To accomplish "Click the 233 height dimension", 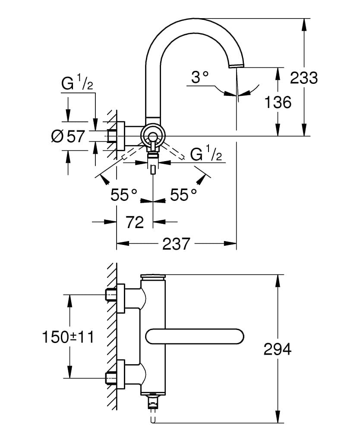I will coord(303,78).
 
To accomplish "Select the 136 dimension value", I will coord(278,102).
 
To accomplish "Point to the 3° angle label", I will coord(200,78).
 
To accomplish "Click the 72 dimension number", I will coord(135,222).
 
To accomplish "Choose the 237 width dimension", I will coord(176,244).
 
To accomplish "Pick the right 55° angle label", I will coord(183,195).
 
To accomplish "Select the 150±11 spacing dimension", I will coord(68,336).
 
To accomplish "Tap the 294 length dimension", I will coord(277,349).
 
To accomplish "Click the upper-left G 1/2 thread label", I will coord(77,83).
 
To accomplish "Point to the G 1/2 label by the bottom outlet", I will coord(206,154).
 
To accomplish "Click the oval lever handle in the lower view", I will coord(195,336).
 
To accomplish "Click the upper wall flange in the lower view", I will coord(120,298).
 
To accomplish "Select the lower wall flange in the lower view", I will coord(120,374).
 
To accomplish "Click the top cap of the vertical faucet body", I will coord(153,277).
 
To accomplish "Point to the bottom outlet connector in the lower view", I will coord(152,403).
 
